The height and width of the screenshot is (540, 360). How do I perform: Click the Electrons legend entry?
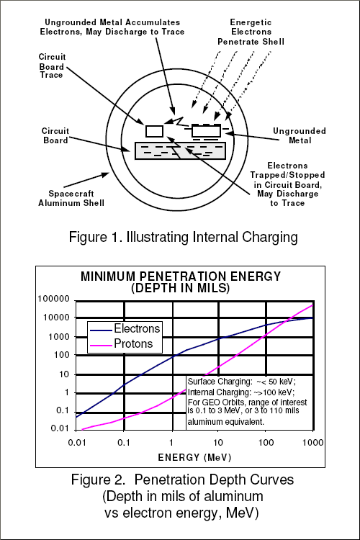125,328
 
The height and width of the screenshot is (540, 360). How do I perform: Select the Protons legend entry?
121,343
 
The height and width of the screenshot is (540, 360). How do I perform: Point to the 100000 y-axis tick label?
53,299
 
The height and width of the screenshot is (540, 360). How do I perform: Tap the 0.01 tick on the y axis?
60,428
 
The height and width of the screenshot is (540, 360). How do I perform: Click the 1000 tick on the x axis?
312,442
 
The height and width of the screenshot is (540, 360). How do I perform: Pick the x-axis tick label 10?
217,442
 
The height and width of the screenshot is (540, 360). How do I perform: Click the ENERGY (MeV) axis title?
194,457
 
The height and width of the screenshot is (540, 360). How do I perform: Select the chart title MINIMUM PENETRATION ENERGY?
181,276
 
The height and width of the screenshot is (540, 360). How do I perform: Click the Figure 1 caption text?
184,238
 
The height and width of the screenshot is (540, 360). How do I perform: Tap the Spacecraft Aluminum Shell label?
71,199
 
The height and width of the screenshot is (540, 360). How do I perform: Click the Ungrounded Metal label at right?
299,135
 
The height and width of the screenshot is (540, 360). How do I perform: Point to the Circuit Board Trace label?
52,66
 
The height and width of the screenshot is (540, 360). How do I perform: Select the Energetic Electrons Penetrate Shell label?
251,32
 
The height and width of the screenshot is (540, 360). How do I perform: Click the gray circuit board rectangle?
180,151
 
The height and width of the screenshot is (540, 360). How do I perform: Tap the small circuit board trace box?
154,131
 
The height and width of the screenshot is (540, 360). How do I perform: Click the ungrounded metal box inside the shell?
206,131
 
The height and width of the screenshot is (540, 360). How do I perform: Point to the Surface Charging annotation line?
241,382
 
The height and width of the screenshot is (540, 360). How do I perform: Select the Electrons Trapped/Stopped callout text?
287,184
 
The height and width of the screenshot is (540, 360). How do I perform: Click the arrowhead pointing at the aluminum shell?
104,175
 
